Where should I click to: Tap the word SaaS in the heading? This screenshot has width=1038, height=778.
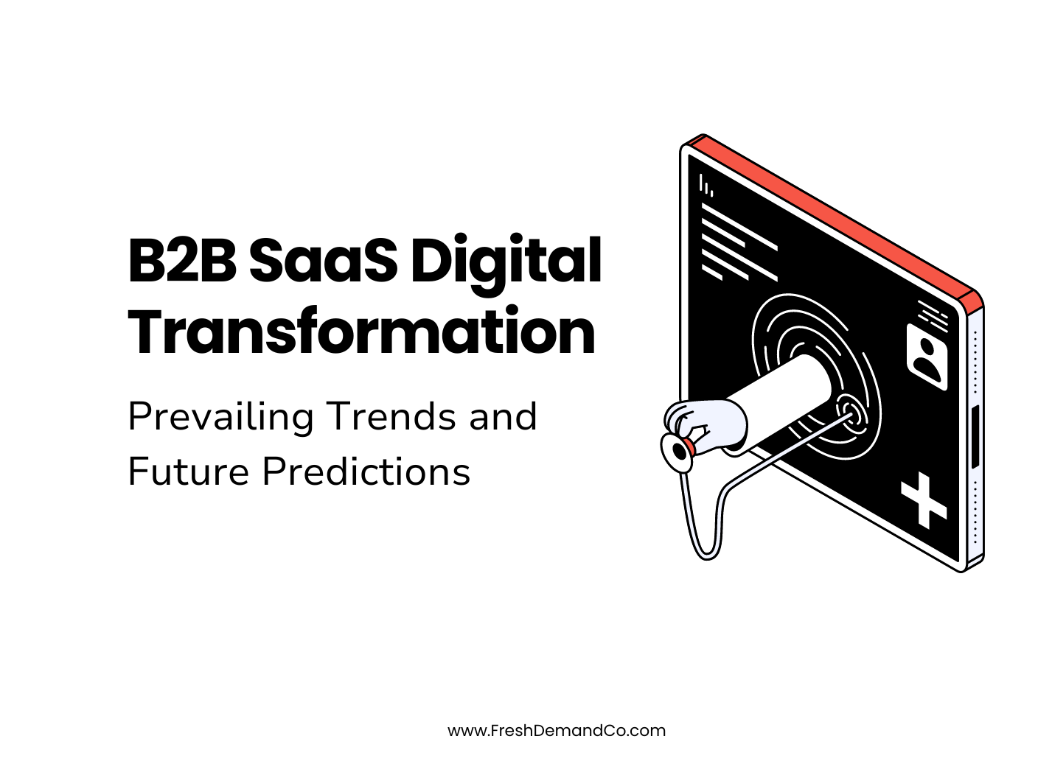point(323,261)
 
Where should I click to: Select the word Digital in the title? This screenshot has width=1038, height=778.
point(506,262)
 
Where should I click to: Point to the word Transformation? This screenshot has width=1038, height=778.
point(361,332)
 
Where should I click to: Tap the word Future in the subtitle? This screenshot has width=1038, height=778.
point(189,472)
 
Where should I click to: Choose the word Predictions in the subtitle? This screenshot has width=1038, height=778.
point(366,472)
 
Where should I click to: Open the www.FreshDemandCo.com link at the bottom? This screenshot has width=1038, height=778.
point(556,730)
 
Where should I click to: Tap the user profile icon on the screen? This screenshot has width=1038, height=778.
point(927,357)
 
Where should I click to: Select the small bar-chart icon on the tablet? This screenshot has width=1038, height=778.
point(706,185)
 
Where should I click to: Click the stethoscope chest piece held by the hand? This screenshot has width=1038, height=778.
point(677,450)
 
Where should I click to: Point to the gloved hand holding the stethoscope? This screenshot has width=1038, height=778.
point(704,426)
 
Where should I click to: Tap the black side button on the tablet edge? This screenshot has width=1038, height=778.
point(975,436)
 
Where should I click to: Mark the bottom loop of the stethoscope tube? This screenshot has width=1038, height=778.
point(706,549)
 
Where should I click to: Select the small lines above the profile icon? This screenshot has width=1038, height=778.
point(933,312)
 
